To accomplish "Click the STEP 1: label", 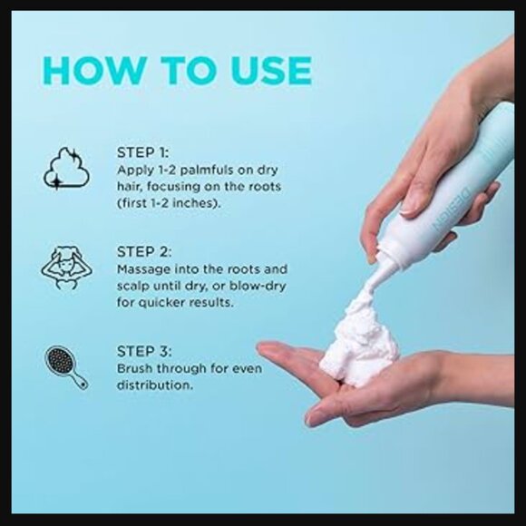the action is click(143, 153).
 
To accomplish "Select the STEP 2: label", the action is click(144, 252).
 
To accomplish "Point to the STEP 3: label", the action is click(144, 352).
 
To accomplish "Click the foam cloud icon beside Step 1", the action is click(67, 169).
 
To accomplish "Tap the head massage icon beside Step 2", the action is click(67, 268).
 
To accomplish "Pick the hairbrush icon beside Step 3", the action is click(66, 367).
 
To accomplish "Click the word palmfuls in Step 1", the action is click(207, 170).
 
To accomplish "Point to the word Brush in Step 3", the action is click(134, 369).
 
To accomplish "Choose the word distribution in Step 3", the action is click(155, 385).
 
